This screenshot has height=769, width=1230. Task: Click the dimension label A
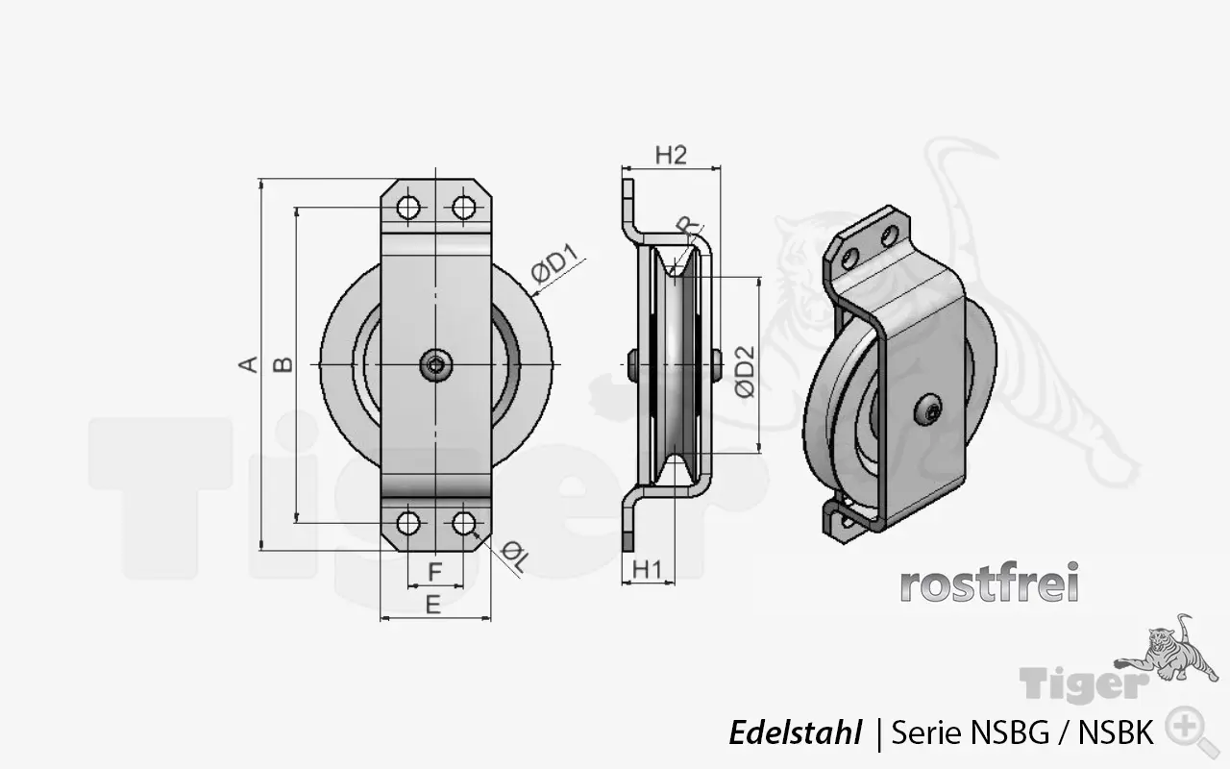(249, 364)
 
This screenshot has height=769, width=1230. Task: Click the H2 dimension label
(671, 156)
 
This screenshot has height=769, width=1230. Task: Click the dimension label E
(433, 605)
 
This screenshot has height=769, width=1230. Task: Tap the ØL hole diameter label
(515, 557)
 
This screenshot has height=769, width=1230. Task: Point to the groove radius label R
(688, 226)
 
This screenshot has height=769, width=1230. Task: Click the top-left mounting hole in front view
(408, 208)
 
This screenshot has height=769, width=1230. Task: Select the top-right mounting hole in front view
(464, 208)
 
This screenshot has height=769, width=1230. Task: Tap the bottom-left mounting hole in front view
(408, 523)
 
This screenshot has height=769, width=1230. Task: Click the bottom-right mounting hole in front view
(464, 523)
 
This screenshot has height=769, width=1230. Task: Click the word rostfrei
(989, 583)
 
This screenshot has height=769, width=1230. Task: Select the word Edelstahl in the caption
(795, 733)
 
